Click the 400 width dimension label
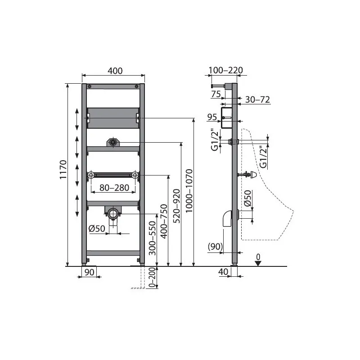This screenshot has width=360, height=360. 115,71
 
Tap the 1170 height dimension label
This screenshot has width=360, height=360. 63,170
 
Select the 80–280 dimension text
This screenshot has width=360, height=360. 114,188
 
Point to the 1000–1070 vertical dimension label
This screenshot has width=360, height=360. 189,191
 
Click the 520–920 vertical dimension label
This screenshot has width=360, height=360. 176,206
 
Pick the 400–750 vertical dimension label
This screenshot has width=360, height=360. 164,221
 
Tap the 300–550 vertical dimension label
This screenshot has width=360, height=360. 152,238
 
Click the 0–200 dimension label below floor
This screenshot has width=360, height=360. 152,278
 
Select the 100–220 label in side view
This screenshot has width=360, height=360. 225,70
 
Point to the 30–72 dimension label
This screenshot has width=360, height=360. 257,99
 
